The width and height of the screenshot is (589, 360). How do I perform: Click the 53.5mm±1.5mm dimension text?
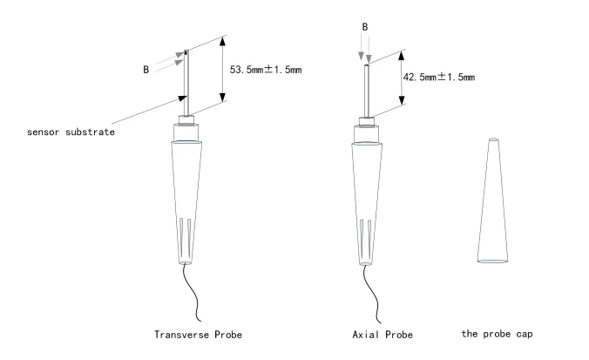click(x=267, y=70)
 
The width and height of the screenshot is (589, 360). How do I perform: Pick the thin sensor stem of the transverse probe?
click(x=186, y=83)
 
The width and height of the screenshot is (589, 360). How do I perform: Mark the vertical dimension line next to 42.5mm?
click(x=401, y=77)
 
